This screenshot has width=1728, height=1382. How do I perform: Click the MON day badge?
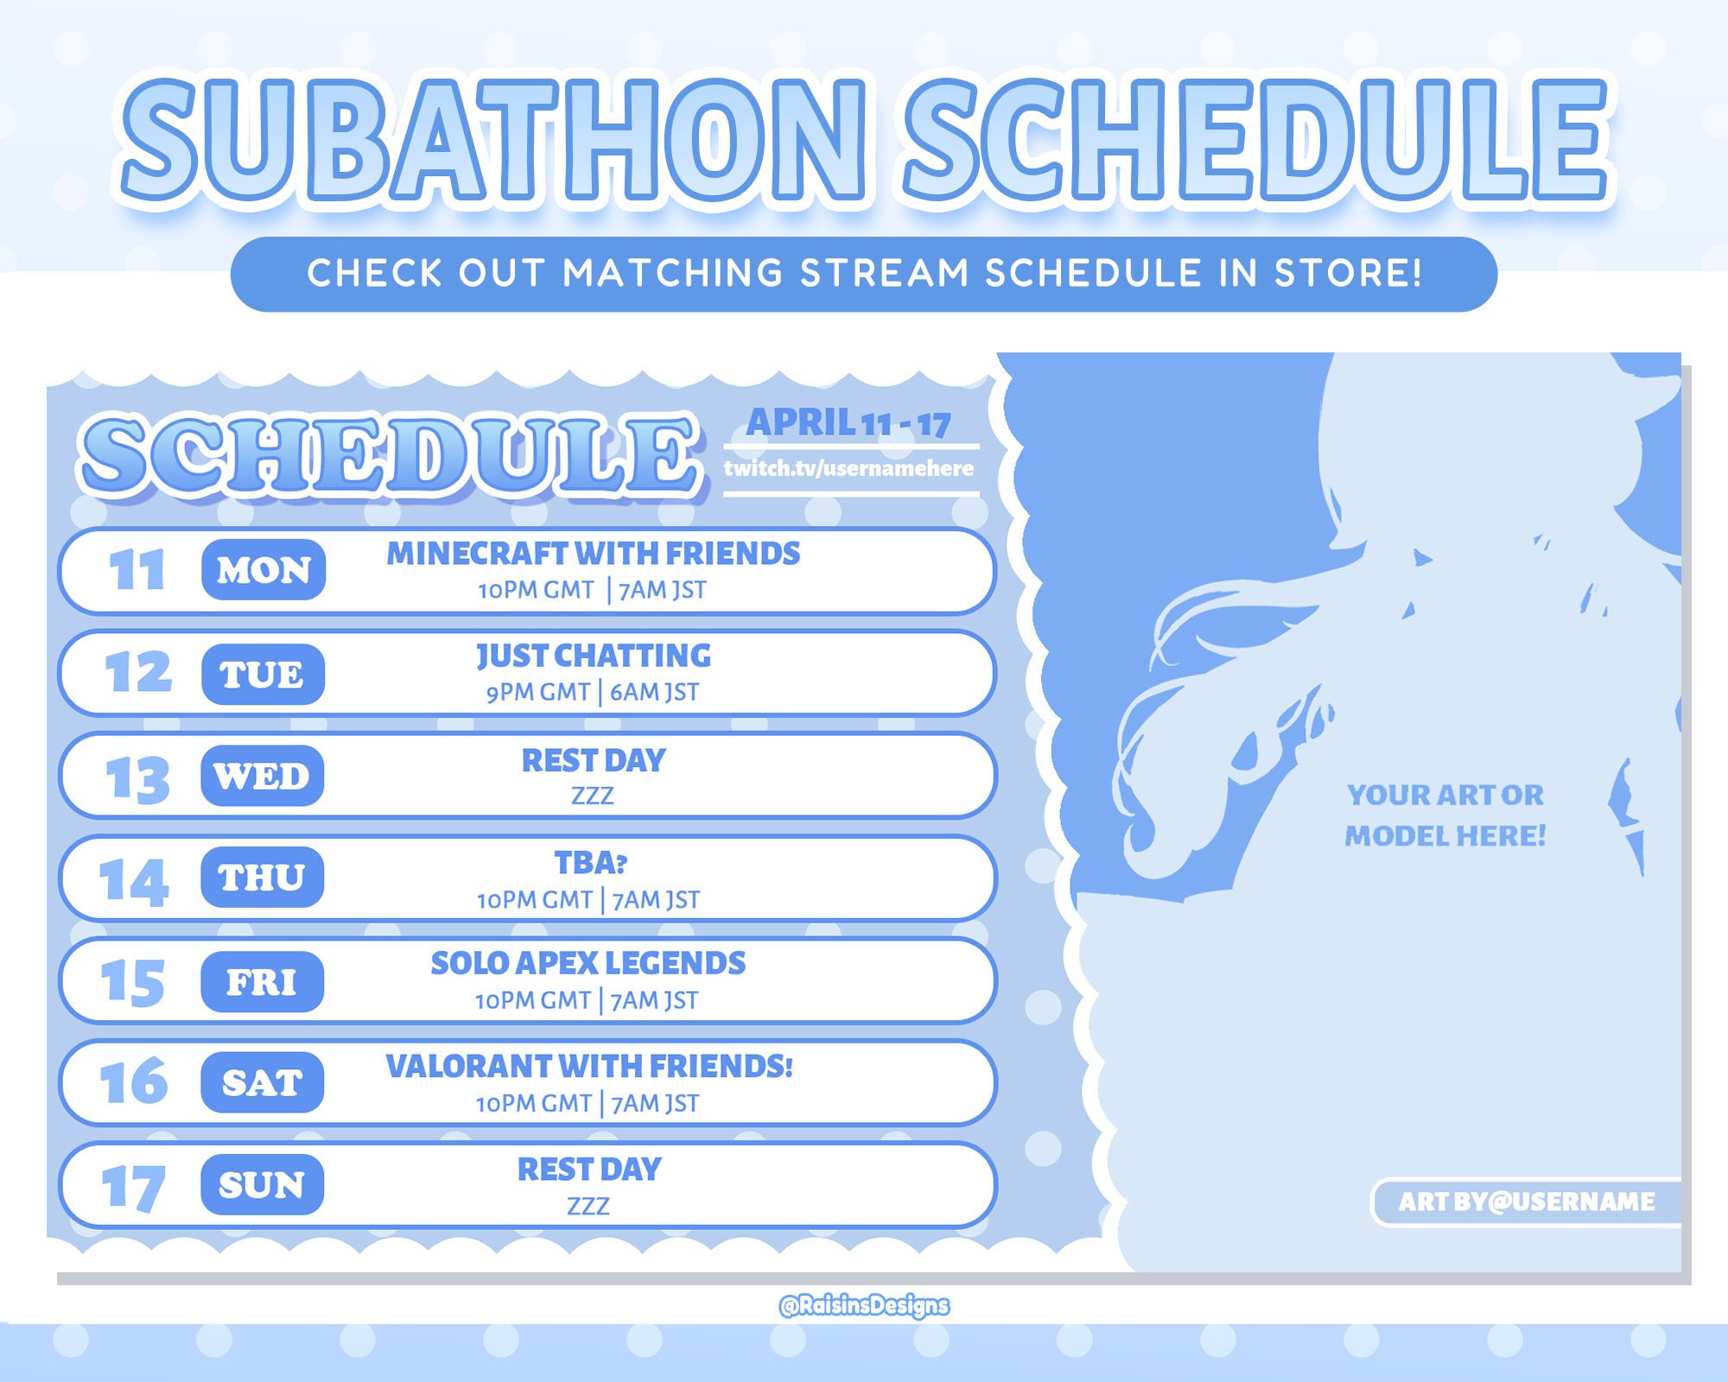pos(264,570)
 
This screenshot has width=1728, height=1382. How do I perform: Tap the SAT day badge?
pos(262,1082)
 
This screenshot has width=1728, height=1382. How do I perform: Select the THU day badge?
pos(262,878)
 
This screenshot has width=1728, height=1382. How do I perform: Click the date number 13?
pos(137,779)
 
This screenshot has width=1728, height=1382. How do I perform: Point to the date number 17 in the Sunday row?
pos(133,1188)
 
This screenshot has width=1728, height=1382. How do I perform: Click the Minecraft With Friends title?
pos(594,554)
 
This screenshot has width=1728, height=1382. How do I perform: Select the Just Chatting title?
pos(594,656)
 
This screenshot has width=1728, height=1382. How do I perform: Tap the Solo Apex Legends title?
pos(588,963)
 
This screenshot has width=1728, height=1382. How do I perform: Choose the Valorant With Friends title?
pos(589,1067)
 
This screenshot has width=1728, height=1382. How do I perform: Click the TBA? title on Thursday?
pos(591,862)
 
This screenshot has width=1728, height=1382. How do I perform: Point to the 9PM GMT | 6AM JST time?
pos(593,692)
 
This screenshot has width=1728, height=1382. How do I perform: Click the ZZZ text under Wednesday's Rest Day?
pos(593,796)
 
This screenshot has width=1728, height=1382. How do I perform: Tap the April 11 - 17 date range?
pos(848,423)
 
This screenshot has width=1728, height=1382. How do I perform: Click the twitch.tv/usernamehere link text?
pos(848,468)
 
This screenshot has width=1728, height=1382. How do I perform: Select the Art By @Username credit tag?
pos(1527,1201)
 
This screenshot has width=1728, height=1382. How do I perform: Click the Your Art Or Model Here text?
pos(1445,815)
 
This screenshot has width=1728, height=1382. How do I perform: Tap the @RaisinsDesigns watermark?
pos(864,1305)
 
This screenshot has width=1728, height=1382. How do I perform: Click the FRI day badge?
pos(262,981)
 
